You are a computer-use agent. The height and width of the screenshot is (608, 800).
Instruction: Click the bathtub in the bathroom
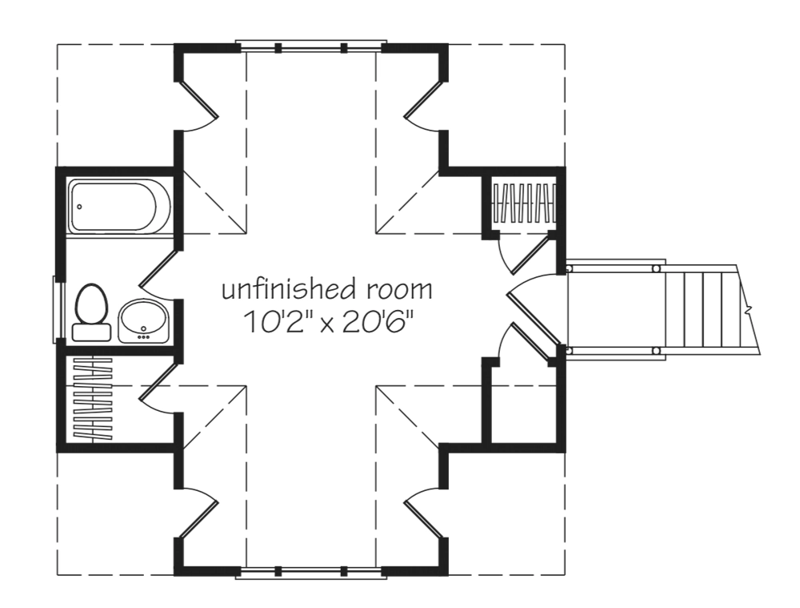(118, 207)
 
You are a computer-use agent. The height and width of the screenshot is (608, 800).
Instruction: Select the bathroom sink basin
(144, 320)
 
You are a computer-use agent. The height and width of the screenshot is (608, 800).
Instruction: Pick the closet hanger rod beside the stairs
(524, 205)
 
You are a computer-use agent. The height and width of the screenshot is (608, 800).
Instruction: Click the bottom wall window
(311, 571)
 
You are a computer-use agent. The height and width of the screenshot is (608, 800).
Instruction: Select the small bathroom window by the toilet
(56, 308)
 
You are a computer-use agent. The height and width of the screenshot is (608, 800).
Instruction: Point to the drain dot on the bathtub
(78, 207)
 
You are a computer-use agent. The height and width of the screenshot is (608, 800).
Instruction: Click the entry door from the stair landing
(532, 308)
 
